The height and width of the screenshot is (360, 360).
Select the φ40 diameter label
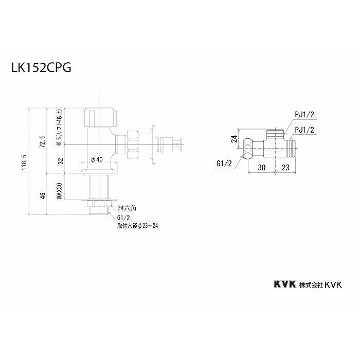coord(97,159)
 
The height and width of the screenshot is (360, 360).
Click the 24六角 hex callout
coord(126,208)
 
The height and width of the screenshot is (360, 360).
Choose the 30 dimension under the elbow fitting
coord(262,167)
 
